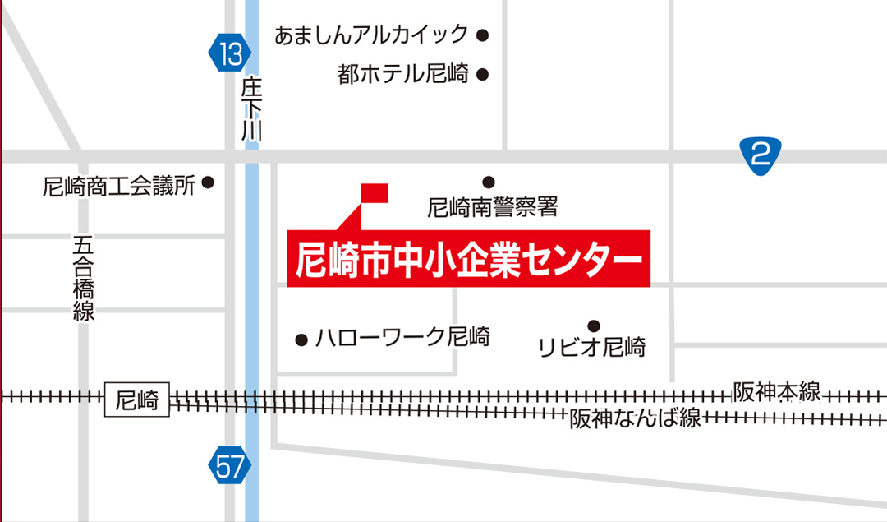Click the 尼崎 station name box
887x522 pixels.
pyautogui.click(x=137, y=401)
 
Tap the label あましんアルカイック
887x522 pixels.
pyautogui.click(x=371, y=35)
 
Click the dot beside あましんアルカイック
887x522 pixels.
pyautogui.click(x=483, y=35)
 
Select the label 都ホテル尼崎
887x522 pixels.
pyautogui.click(x=402, y=75)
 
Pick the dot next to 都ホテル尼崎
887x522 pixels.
pyautogui.click(x=483, y=75)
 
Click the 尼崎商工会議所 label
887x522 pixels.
pyautogui.click(x=119, y=186)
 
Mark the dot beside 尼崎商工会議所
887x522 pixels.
pyautogui.click(x=208, y=182)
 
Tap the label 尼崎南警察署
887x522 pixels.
pyautogui.click(x=493, y=207)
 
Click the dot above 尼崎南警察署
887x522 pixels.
pyautogui.click(x=489, y=182)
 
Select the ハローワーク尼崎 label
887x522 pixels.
pyautogui.click(x=402, y=337)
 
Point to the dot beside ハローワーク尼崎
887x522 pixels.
pyautogui.click(x=301, y=339)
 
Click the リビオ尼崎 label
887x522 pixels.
pyautogui.click(x=591, y=347)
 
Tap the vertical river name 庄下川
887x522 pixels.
pyautogui.click(x=251, y=111)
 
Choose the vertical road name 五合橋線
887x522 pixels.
pyautogui.click(x=83, y=278)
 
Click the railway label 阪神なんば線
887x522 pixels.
pyautogui.click(x=635, y=418)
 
